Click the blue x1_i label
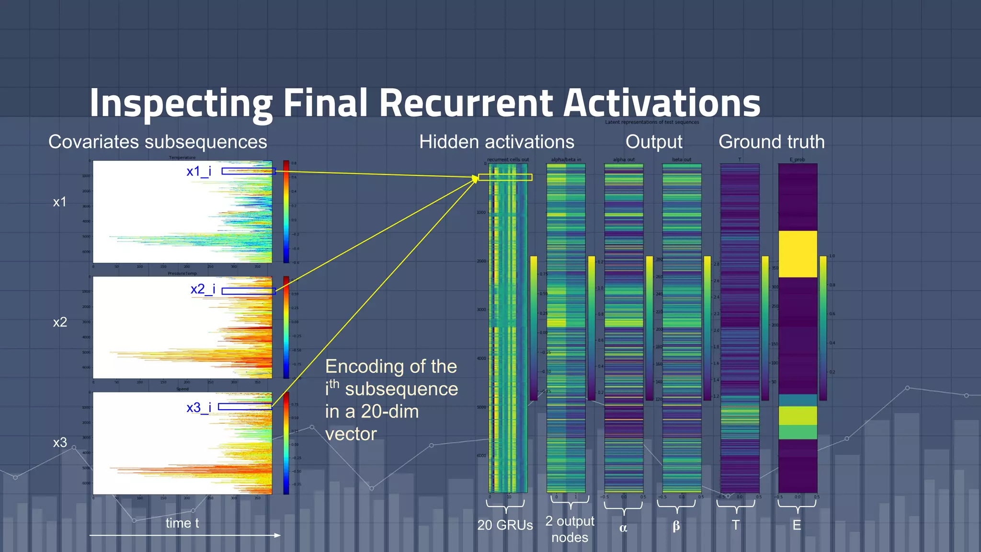pyautogui.click(x=199, y=171)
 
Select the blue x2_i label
pyautogui.click(x=203, y=289)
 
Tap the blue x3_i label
pyautogui.click(x=199, y=407)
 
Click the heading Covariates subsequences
pyautogui.click(x=158, y=142)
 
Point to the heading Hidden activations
pyautogui.click(x=496, y=142)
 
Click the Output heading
pyautogui.click(x=653, y=142)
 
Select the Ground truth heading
pyautogui.click(x=771, y=142)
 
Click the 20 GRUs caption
pyautogui.click(x=505, y=525)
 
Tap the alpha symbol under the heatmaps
pyautogui.click(x=623, y=528)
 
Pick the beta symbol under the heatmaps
pyautogui.click(x=676, y=526)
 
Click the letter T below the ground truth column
pyautogui.click(x=735, y=525)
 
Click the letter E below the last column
pyautogui.click(x=797, y=525)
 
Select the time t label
pyautogui.click(x=182, y=523)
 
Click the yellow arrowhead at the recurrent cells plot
pyautogui.click(x=475, y=178)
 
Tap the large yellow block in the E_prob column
pyautogui.click(x=798, y=254)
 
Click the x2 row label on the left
pyautogui.click(x=60, y=322)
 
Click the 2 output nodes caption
pyautogui.click(x=570, y=529)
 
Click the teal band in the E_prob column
pyautogui.click(x=798, y=400)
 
